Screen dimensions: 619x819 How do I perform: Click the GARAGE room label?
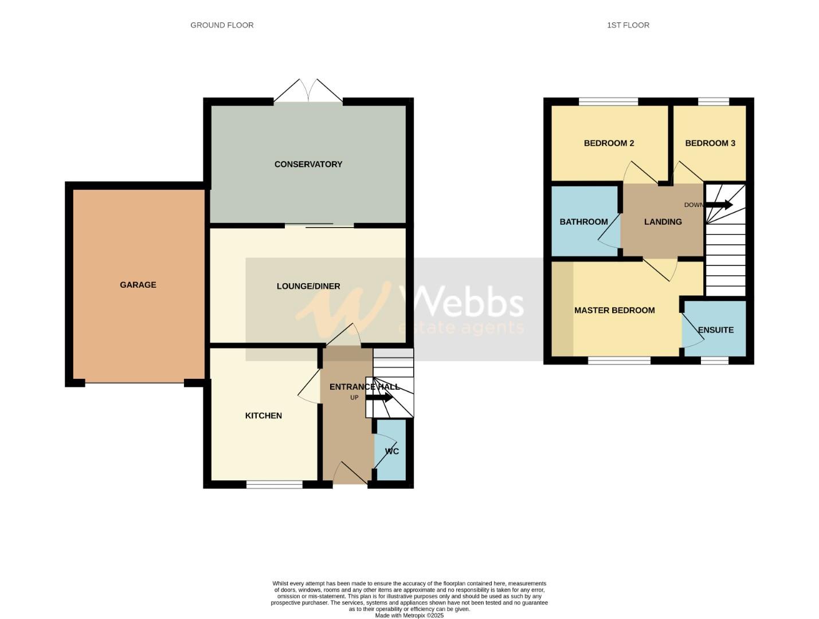138,285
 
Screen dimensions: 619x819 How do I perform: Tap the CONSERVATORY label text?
308,164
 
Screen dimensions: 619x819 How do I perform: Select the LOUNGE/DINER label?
308,286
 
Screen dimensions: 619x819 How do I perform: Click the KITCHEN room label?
263,416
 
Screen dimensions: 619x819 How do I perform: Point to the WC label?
392,452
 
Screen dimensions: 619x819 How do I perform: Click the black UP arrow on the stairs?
379,397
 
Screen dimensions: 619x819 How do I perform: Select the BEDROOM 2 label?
609,143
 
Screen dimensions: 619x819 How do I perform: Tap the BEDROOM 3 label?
710,143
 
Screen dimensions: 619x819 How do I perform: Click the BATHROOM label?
583,222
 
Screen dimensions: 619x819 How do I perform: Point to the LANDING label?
663,222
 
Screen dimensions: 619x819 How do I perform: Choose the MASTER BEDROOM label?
614,310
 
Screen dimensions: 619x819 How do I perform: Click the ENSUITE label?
716,330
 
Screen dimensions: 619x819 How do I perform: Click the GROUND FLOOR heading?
222,25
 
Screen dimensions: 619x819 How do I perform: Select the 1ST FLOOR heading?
628,25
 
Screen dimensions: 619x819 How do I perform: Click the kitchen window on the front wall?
275,484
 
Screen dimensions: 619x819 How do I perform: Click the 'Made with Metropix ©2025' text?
409,616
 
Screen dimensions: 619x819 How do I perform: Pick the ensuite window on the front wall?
715,360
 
